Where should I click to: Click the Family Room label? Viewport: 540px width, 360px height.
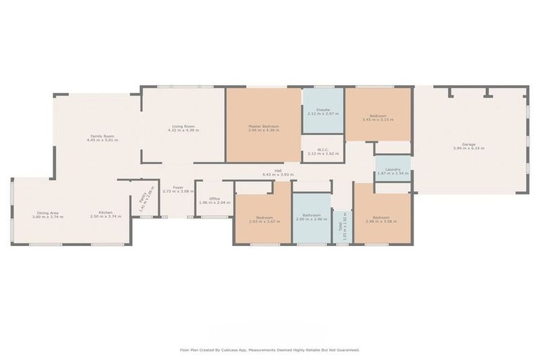coord(102,136)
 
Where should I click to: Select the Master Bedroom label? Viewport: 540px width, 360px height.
coord(264,127)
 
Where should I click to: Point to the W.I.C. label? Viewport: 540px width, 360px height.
coord(323,149)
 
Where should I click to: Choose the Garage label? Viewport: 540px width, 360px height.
coord(468,146)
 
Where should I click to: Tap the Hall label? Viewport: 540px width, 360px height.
coord(278,171)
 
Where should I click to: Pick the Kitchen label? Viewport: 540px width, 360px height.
coord(105,212)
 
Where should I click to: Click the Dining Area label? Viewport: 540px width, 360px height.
coord(48,212)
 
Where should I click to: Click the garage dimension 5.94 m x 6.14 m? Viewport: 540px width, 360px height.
coord(468,150)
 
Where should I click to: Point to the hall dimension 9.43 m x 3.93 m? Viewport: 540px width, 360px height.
coord(278,175)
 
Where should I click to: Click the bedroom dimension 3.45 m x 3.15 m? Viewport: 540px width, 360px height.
coord(378,120)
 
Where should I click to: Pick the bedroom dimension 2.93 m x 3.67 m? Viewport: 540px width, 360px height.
coord(264,221)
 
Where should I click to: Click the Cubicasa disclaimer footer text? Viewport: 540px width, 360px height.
coord(270,349)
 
